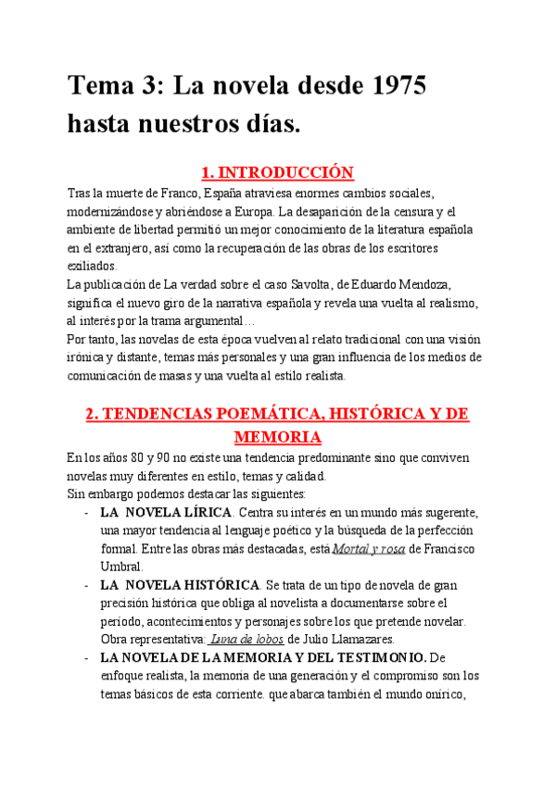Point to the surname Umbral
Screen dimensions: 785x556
click(x=121, y=567)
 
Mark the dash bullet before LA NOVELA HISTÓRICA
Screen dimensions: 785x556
click(x=85, y=585)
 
